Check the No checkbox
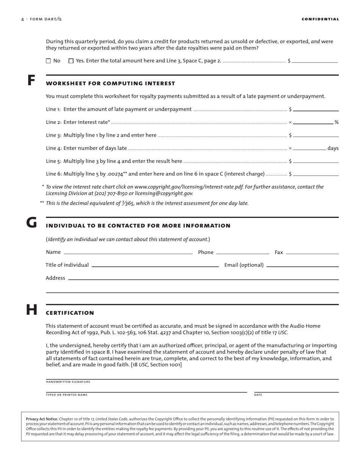(x=48, y=61)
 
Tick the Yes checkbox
(x=71, y=61)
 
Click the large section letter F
(x=31, y=81)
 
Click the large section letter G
(x=31, y=223)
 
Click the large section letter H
(x=31, y=310)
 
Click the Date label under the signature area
(x=258, y=395)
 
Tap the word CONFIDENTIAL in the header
(x=320, y=19)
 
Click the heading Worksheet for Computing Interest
(x=110, y=83)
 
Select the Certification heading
(x=70, y=313)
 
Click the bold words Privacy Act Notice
(x=42, y=419)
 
